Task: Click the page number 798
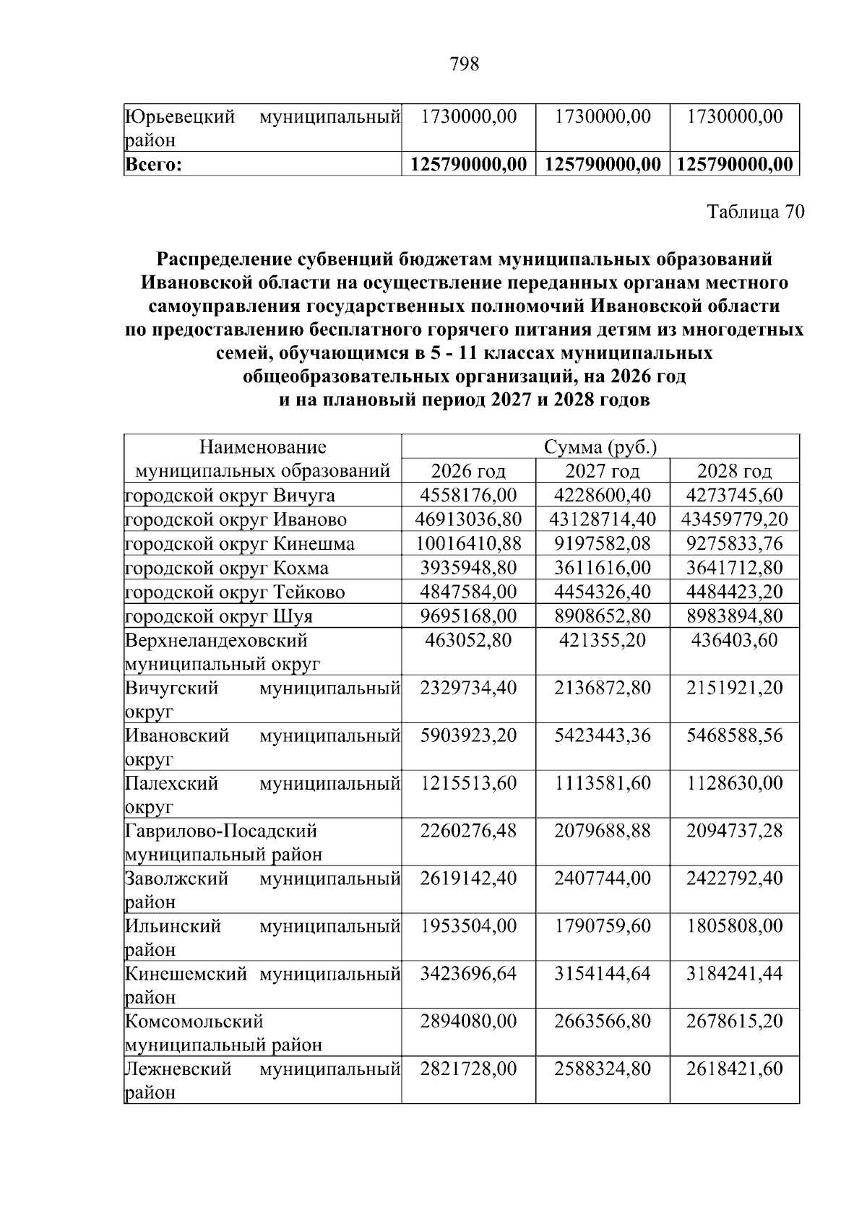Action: (464, 65)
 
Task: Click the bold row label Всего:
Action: (152, 165)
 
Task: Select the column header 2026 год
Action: (468, 472)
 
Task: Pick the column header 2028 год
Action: (734, 472)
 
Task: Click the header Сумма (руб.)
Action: (600, 447)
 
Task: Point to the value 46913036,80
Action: (468, 519)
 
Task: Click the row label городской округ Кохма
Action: (227, 568)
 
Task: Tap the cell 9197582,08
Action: (602, 543)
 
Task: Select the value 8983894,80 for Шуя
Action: (734, 616)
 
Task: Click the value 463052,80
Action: (468, 640)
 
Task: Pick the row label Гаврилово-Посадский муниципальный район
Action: (223, 842)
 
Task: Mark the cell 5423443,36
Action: (602, 735)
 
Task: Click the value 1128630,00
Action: (734, 783)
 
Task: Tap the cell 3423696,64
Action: (468, 973)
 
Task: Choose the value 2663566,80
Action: (602, 1021)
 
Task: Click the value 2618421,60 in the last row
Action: (734, 1069)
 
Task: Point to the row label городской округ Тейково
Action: (235, 592)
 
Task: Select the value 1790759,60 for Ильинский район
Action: (602, 925)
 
